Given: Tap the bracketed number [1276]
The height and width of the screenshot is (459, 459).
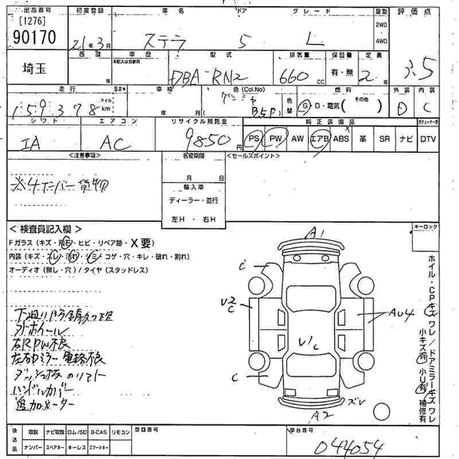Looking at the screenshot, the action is [32, 22].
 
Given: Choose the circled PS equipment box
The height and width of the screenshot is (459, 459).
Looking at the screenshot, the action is [253, 138].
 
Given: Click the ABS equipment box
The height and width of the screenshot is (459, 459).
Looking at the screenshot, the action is [341, 138].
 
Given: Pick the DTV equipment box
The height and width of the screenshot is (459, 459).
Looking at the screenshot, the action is [427, 138].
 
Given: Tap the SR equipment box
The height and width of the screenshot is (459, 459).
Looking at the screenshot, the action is [384, 138].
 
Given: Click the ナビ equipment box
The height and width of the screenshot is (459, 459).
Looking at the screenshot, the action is [406, 138].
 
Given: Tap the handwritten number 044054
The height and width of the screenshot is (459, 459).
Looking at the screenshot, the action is [345, 445].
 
